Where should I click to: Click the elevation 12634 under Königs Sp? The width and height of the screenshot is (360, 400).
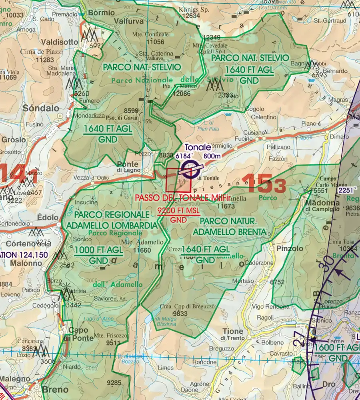(x=190, y=16)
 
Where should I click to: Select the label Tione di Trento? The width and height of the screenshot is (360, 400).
(x=232, y=334)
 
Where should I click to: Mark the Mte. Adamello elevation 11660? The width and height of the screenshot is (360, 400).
(x=143, y=250)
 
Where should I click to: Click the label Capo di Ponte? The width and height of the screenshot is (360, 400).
(x=78, y=334)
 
